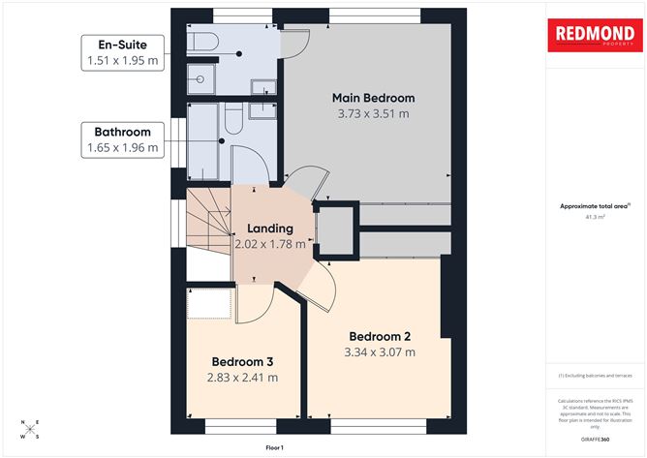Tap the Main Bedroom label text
point(373,98)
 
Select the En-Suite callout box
point(121,52)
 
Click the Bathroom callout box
point(121,140)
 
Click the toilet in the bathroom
point(233,120)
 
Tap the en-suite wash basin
point(262,88)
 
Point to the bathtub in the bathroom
point(203,142)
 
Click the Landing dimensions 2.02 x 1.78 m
point(270,244)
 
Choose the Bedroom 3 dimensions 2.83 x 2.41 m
point(242,377)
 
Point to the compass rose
point(30,428)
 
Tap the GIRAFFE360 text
point(594,439)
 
